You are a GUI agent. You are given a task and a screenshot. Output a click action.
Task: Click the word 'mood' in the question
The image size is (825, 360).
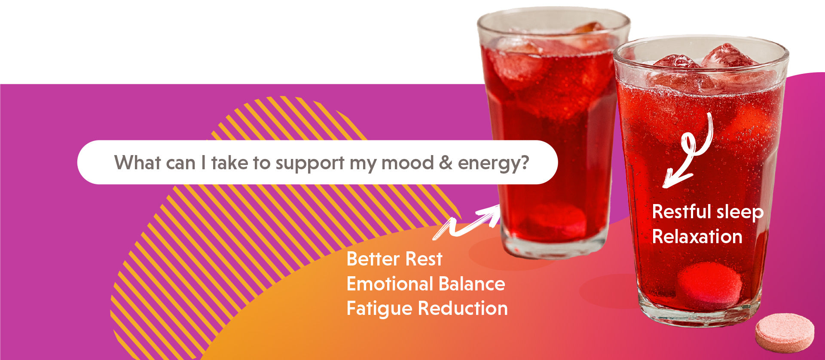pos(407,163)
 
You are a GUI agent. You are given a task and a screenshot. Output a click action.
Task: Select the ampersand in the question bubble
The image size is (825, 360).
pos(446,163)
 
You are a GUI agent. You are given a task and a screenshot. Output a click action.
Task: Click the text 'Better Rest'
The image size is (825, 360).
pos(394,259)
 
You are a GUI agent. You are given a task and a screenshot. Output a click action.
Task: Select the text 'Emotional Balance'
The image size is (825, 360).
pos(426,284)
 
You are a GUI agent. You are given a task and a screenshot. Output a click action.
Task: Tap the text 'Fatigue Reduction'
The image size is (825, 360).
pos(427,309)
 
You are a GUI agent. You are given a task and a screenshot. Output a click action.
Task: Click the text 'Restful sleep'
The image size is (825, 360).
pos(708,212)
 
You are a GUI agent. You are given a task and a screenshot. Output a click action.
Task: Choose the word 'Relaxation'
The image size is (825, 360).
pos(697,237)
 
